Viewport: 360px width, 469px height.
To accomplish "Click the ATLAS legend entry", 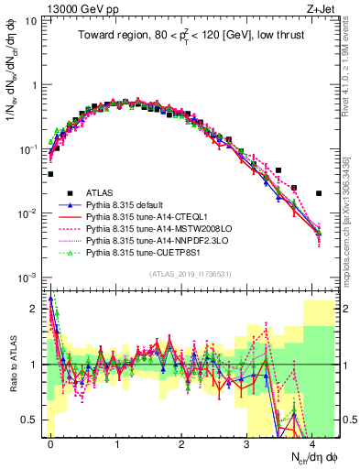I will click(x=101, y=193).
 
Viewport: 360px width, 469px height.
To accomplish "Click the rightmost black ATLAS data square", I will click(x=319, y=193).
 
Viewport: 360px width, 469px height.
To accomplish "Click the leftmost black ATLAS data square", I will click(x=50, y=173).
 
